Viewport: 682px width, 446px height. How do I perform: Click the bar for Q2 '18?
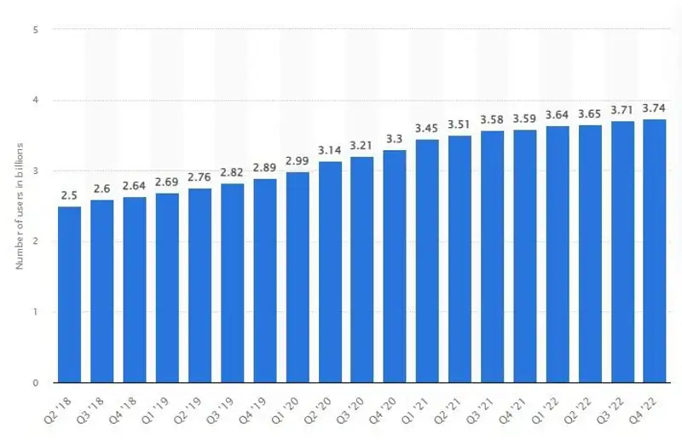pyautogui.click(x=70, y=294)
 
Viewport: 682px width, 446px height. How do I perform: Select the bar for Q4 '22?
pyautogui.click(x=655, y=251)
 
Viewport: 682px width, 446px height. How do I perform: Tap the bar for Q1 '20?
pyautogui.click(x=298, y=277)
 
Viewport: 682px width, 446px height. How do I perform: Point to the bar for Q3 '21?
pyautogui.click(x=493, y=257)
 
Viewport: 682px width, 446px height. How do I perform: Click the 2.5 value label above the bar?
pyautogui.click(x=70, y=195)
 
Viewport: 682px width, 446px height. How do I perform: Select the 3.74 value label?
pyautogui.click(x=655, y=108)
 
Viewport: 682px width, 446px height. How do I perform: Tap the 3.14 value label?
pyautogui.click(x=330, y=150)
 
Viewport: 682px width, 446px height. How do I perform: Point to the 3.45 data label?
pyautogui.click(x=427, y=128)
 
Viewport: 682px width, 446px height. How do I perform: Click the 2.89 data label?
pyautogui.click(x=265, y=168)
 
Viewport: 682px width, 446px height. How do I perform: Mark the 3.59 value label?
pyautogui.click(x=525, y=119)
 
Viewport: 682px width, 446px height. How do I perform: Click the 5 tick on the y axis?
pyautogui.click(x=36, y=30)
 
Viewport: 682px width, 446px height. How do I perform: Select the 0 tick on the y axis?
pyautogui.click(x=36, y=383)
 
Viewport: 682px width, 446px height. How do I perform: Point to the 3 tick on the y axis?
pyautogui.click(x=36, y=171)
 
